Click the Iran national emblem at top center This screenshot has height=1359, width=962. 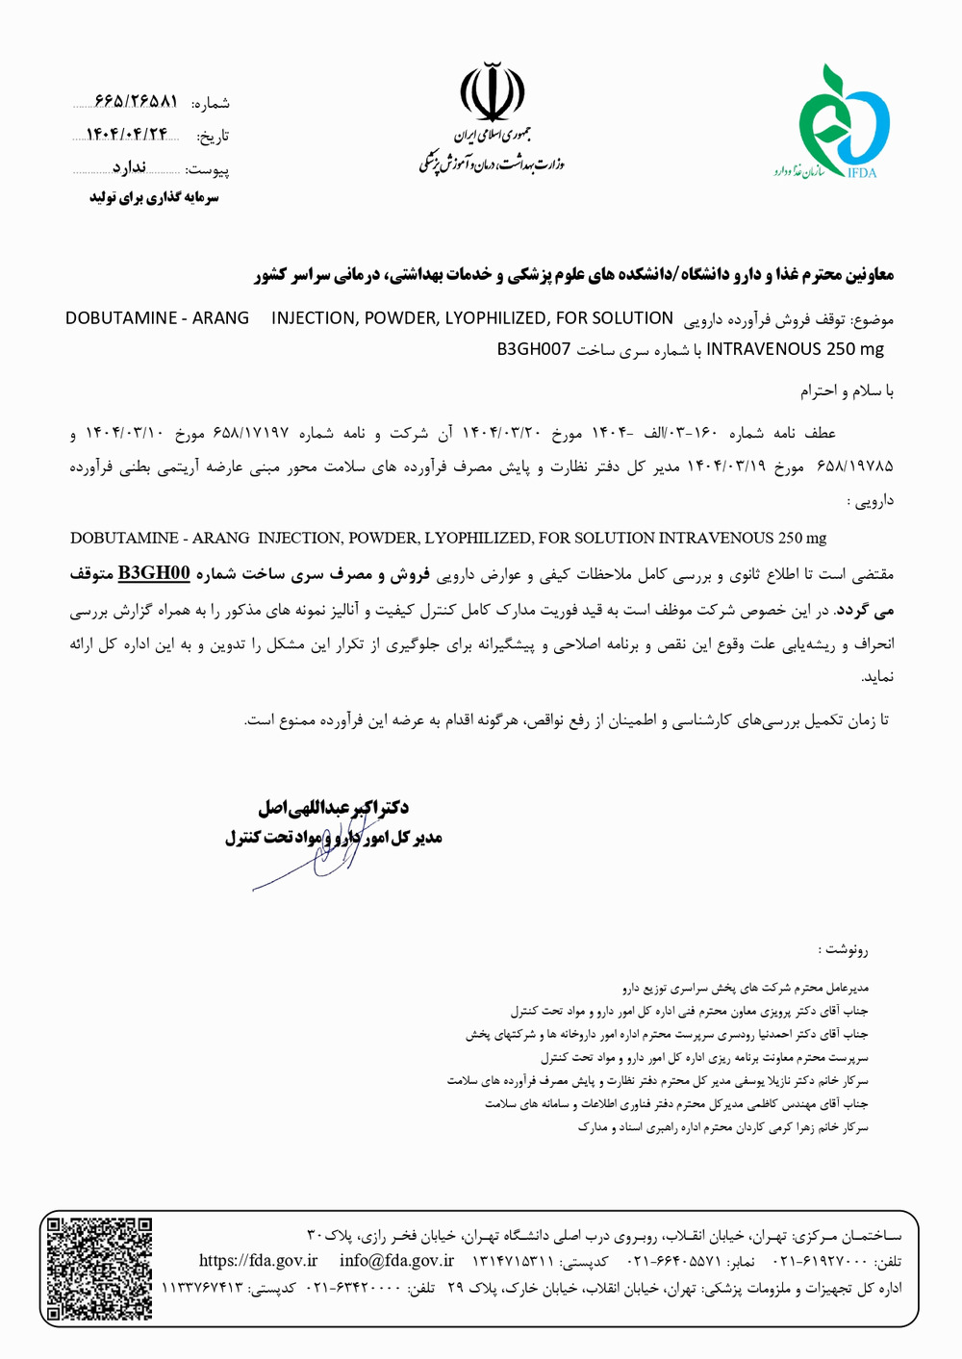[x=492, y=92]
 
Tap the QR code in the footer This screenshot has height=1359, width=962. [x=99, y=1268]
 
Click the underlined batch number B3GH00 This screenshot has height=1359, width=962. [x=154, y=574]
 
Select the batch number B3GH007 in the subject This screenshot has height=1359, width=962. [x=534, y=349]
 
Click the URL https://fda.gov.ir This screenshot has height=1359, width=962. [x=258, y=1261]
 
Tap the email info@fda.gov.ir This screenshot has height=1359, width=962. [x=396, y=1261]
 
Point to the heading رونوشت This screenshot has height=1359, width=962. [x=844, y=950]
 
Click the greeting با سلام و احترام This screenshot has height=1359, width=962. [x=847, y=391]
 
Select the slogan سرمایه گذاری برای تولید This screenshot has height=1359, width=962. [x=155, y=198]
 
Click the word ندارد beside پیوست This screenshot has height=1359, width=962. [x=128, y=168]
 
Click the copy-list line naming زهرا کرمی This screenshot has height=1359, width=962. [x=722, y=1126]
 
